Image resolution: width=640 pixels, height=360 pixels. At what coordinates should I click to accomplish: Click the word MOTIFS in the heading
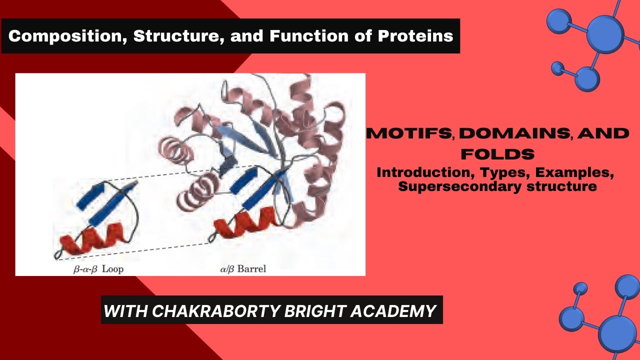pos(410,133)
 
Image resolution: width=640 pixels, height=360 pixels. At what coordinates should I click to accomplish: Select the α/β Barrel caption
pos(243,269)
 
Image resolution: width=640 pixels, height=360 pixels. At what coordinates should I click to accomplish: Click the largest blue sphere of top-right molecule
pos(605,34)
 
